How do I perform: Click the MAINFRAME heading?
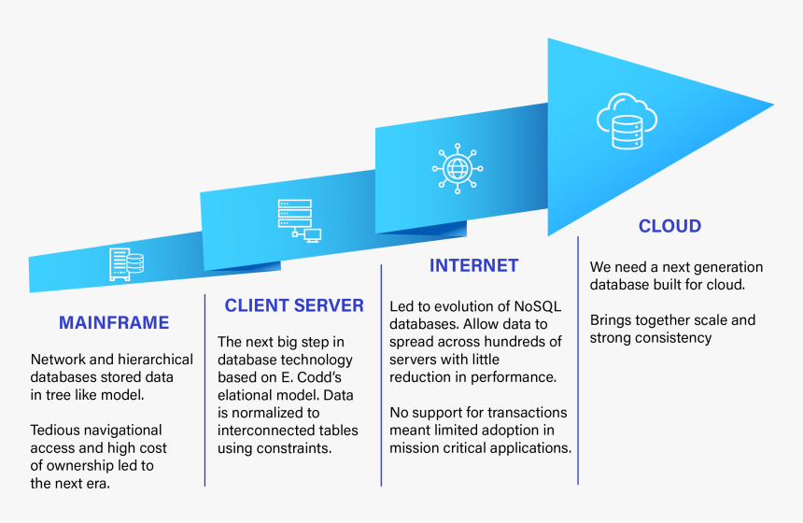pyautogui.click(x=114, y=323)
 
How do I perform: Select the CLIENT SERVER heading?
pyautogui.click(x=294, y=305)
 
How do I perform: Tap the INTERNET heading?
pyautogui.click(x=473, y=265)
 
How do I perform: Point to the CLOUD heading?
pyautogui.click(x=669, y=226)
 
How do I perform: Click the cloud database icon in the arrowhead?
pyautogui.click(x=627, y=121)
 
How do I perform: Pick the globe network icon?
pyautogui.click(x=458, y=168)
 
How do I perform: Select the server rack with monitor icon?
pyautogui.click(x=300, y=220)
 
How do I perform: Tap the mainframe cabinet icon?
pyautogui.click(x=126, y=264)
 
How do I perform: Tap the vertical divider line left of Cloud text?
pyautogui.click(x=578, y=360)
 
